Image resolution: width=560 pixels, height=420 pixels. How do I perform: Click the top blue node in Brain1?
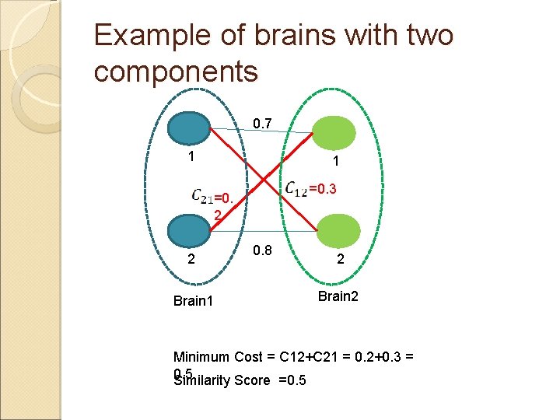coord(190,128)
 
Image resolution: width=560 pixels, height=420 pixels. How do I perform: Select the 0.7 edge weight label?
coord(263,123)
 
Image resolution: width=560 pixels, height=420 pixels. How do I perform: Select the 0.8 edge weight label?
coord(262,250)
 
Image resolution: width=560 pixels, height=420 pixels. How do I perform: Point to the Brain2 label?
coord(338,296)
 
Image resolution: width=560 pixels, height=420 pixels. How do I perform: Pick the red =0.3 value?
coord(323,188)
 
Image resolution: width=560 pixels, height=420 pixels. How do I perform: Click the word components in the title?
coord(175,71)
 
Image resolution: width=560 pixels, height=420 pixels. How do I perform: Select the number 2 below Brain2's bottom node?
coord(340,262)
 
